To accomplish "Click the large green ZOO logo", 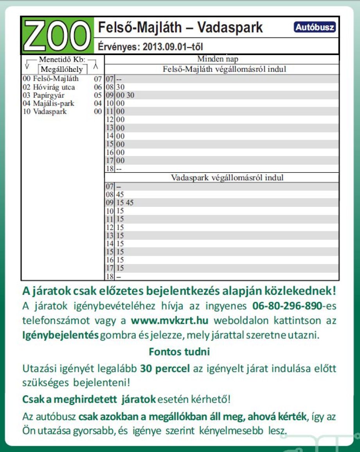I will [57, 36].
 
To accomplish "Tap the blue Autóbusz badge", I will [315, 28].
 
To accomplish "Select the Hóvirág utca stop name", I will [54, 87].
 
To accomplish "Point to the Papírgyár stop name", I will [49, 95].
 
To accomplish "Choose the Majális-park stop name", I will [54, 104].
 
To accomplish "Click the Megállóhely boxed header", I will [61, 70].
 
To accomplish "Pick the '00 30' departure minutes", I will [125, 95].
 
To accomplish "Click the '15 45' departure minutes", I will [125, 203].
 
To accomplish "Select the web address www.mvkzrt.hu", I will [169, 321].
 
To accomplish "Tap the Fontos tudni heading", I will [179, 352].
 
